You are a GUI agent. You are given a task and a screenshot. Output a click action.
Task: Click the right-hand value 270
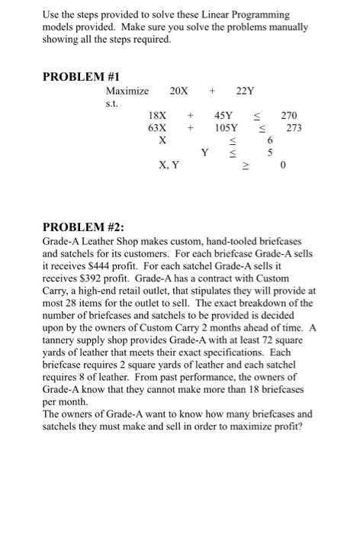pos(290,115)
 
